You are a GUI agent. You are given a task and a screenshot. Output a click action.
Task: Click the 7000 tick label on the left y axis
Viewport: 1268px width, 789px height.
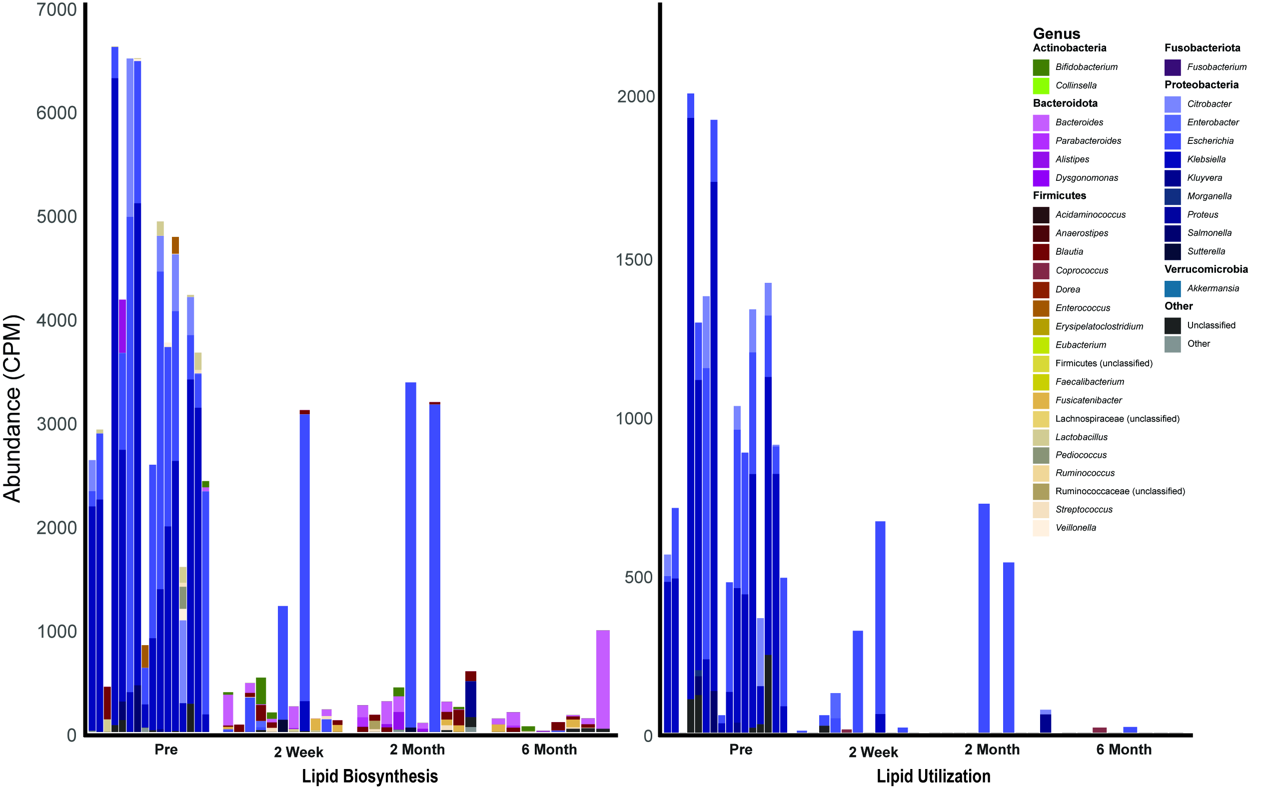tap(56, 9)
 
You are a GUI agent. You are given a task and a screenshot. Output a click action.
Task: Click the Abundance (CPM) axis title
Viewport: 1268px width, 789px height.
tap(12, 408)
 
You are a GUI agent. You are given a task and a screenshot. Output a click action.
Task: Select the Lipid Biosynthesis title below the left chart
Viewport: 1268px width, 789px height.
tap(369, 776)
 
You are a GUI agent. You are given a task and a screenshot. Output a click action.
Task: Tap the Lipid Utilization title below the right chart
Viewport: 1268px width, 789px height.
tap(933, 776)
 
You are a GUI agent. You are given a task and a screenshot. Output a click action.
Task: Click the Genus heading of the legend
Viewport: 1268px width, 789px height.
tap(1056, 34)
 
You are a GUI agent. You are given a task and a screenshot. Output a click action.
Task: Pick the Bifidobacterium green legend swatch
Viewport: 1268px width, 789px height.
tap(1041, 67)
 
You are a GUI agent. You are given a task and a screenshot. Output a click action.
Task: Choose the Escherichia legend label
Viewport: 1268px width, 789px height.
tap(1210, 141)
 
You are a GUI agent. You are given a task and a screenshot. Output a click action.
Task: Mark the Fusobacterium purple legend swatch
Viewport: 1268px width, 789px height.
tap(1173, 67)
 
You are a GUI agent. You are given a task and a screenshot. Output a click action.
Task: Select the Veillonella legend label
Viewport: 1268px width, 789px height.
tap(1076, 528)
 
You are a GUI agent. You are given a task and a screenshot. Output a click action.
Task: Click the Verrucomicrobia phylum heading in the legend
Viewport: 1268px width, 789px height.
tap(1206, 269)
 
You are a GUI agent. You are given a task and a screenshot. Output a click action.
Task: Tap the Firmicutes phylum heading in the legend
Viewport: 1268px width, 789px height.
tap(1059, 196)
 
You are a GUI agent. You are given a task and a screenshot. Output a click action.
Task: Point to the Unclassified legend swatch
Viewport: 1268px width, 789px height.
tap(1173, 326)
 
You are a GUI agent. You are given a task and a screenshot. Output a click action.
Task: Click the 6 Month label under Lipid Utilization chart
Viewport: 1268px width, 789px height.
tap(1124, 750)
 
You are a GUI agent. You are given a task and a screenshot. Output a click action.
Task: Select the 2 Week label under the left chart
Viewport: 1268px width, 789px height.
tap(298, 752)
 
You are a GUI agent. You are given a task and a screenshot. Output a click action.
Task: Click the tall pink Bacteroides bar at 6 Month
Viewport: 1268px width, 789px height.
tap(603, 679)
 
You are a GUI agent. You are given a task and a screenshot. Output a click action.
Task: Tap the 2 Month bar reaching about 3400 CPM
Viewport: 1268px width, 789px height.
tap(411, 553)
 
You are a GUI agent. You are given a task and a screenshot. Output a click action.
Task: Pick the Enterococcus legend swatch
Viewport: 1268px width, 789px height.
tap(1041, 308)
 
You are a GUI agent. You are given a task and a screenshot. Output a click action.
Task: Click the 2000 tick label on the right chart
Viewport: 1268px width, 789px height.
tap(636, 96)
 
